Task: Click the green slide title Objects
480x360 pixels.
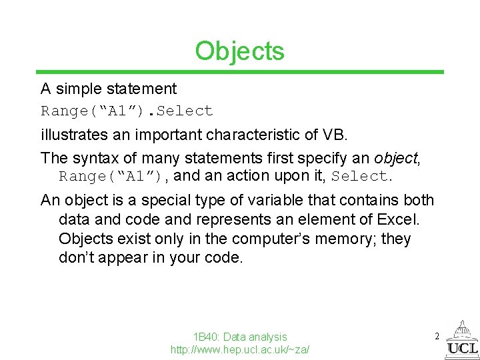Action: click(239, 51)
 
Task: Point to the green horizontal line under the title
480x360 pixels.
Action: click(239, 72)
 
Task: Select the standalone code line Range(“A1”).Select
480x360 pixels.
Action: click(127, 111)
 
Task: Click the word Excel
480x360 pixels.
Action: click(413, 219)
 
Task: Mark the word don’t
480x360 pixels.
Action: click(76, 258)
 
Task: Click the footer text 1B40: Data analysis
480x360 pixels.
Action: click(239, 337)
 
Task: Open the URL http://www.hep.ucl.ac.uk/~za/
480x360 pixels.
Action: click(239, 349)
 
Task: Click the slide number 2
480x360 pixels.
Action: click(437, 337)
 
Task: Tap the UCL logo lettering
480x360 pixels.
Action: click(463, 348)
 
